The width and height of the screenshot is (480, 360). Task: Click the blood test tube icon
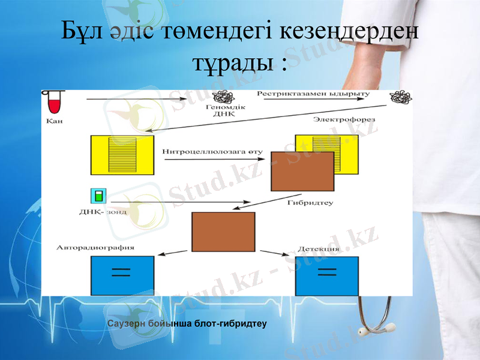[55, 102]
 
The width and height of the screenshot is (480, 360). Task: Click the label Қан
[53, 121]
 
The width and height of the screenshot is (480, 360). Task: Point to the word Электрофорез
[343, 120]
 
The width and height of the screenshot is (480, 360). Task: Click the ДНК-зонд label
[103, 212]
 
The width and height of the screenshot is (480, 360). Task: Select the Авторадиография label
[95, 247]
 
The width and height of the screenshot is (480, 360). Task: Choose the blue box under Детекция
[327, 276]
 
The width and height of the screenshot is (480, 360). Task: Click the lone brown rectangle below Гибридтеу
[223, 232]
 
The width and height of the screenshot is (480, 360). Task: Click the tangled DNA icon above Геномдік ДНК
[223, 97]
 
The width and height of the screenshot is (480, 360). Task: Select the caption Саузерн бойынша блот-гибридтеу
[187, 324]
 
